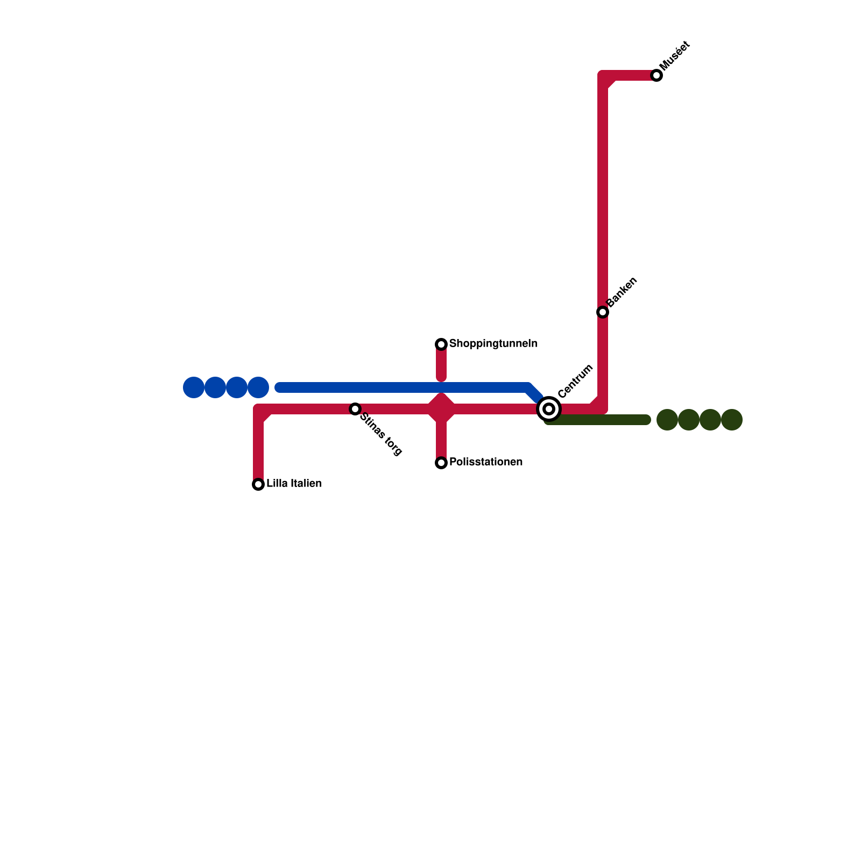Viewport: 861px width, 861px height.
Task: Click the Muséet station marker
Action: [x=657, y=75]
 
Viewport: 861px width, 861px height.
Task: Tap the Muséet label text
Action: [x=674, y=55]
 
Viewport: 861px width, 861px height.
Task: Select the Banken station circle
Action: [x=603, y=312]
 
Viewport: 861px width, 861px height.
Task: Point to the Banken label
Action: [x=622, y=292]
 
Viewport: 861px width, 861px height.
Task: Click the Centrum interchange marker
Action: [x=549, y=409]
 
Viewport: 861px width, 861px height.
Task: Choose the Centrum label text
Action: [x=575, y=381]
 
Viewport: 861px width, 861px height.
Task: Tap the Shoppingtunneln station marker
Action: [x=441, y=344]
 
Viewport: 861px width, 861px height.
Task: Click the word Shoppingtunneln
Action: [x=493, y=343]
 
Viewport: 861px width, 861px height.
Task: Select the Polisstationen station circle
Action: [x=441, y=463]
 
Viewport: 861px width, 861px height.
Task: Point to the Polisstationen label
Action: [x=485, y=462]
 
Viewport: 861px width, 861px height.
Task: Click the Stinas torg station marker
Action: [x=355, y=409]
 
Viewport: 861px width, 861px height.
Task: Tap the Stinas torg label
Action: [x=381, y=434]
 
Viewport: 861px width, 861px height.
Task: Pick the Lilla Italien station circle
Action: [x=258, y=484]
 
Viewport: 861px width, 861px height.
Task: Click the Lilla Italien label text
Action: [x=294, y=484]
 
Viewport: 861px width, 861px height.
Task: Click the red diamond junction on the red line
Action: [x=441, y=409]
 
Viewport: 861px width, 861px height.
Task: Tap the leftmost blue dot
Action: [x=194, y=387]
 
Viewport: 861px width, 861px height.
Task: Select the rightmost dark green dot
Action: [x=732, y=420]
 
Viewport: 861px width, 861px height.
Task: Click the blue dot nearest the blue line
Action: [x=258, y=387]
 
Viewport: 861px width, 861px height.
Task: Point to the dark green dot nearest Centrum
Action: [x=667, y=420]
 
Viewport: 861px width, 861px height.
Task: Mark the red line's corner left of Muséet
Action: [x=604, y=76]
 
